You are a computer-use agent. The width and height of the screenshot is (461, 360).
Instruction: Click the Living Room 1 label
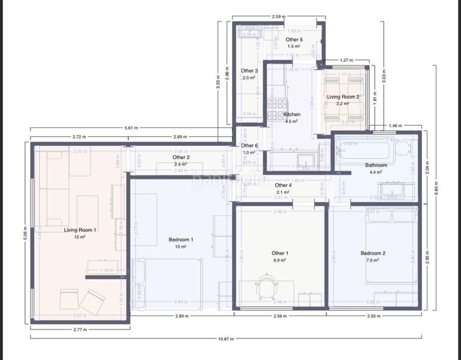coord(80,230)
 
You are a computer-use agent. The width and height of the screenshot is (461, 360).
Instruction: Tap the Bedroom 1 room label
coord(181,240)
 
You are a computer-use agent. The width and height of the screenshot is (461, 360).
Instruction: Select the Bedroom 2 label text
coord(373,253)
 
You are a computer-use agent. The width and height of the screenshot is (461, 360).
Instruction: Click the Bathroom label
coord(376,165)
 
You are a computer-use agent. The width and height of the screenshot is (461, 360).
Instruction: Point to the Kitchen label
coord(292,115)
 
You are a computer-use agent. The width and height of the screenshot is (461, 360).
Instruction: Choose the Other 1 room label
coord(279,253)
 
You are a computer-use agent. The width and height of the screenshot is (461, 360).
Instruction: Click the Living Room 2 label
coord(343,97)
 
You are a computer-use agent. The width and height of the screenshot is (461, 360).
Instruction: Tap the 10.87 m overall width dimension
coord(226,339)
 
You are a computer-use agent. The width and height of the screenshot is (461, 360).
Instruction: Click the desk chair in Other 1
coord(266,285)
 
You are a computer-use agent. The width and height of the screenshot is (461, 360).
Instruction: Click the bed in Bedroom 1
coord(168,282)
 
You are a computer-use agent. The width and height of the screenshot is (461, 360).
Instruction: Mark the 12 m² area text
coord(80,237)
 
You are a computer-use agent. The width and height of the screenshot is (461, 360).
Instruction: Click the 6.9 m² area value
coord(279,260)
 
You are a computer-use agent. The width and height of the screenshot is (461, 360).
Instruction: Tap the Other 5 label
coord(294,40)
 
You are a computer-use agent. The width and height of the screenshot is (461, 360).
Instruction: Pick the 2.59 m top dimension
coord(278,17)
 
